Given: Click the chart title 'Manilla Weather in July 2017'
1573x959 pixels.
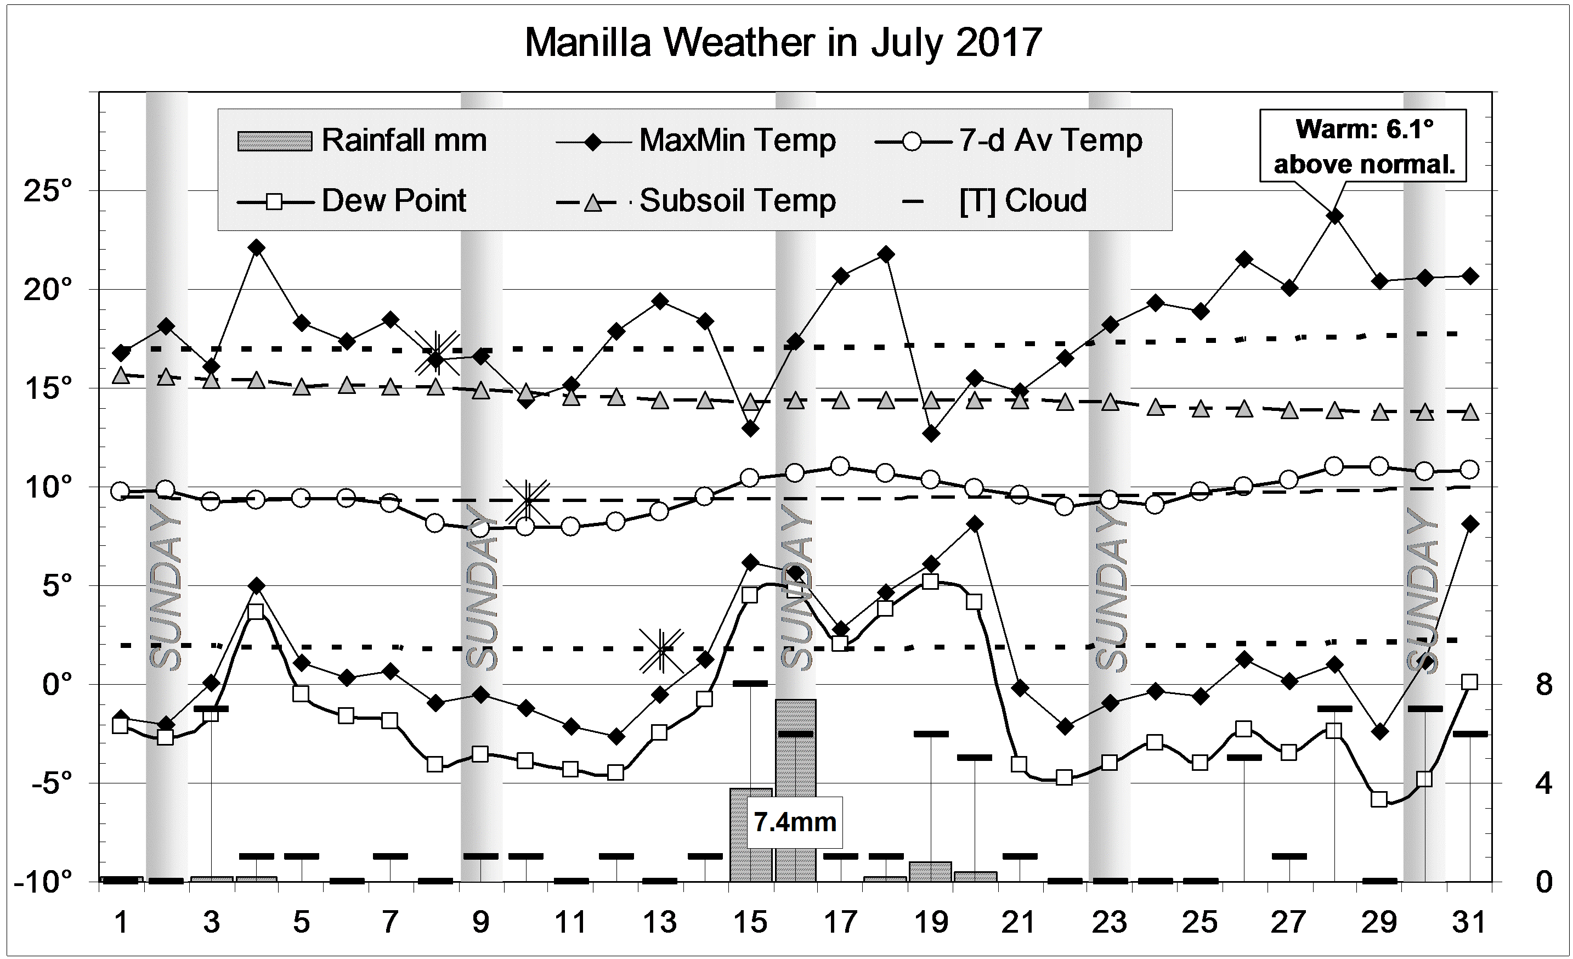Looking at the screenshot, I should (783, 43).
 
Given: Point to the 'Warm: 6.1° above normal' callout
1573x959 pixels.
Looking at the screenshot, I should (1363, 146).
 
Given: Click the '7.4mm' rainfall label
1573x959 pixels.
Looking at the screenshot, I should (795, 822).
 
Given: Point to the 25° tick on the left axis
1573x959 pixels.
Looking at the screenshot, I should (48, 191).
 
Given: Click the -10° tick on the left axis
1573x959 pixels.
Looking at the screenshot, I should (43, 882).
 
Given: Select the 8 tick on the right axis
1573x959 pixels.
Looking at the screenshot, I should (1543, 685).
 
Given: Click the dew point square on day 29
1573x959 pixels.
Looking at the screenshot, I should (1379, 799).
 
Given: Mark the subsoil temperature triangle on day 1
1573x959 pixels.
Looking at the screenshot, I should (121, 376).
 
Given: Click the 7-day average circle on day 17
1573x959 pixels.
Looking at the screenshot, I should (840, 466).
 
